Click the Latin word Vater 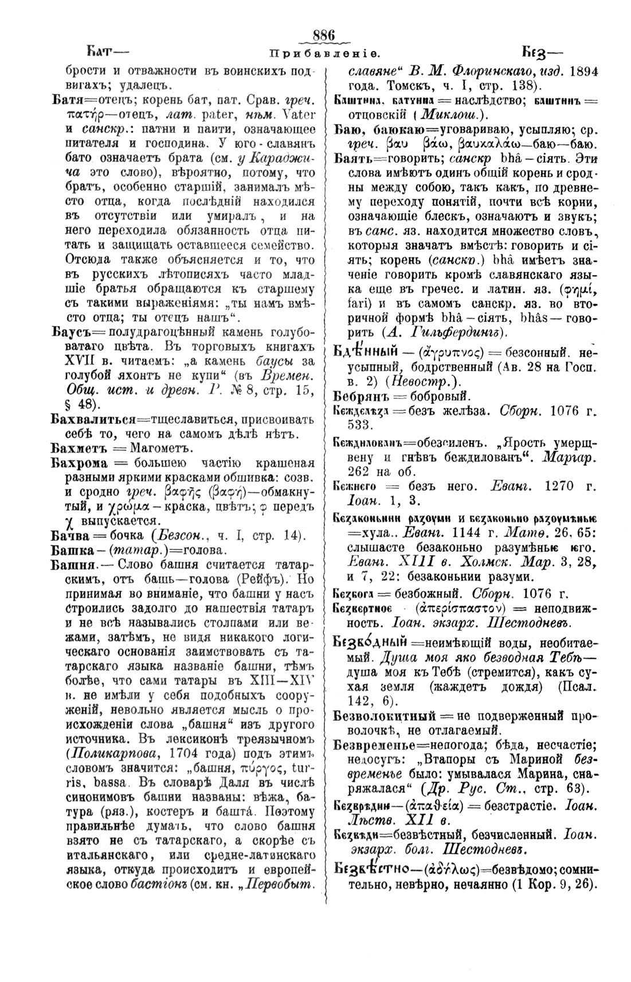(x=300, y=113)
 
